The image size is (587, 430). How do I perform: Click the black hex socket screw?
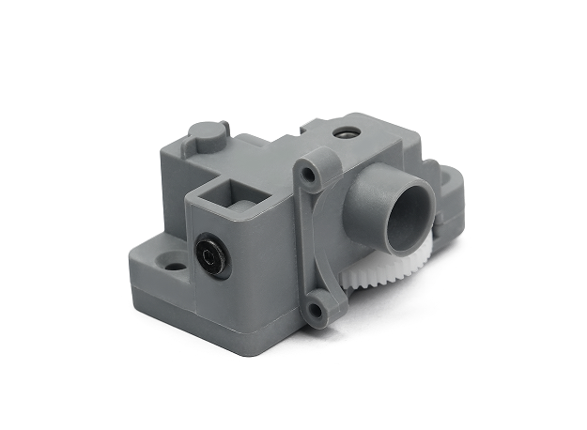coord(211,256)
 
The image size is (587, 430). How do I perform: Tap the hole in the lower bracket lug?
coord(319,304)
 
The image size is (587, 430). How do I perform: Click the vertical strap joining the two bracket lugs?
coord(319,239)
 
